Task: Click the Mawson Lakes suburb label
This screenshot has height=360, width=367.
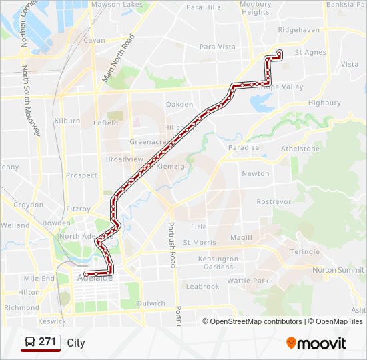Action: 117,5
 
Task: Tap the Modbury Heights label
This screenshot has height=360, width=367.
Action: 256,8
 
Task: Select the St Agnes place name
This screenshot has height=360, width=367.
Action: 310,52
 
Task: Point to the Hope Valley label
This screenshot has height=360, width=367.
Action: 282,87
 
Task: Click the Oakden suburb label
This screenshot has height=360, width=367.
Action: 179,104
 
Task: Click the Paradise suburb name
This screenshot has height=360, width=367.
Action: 243,148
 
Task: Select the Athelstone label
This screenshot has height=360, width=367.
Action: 300,149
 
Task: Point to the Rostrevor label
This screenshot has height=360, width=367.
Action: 274,201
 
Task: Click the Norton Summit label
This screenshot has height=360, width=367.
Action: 338,270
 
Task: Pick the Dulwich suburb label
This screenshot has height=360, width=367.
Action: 151,303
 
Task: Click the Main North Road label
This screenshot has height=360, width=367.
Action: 118,58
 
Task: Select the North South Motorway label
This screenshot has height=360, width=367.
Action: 31,101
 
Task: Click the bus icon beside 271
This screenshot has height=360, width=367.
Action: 30,342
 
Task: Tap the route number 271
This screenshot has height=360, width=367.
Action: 47,342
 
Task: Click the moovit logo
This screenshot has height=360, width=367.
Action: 316,343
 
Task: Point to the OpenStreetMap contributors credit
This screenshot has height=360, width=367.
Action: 254,321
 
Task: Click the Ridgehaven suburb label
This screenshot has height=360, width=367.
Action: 299,30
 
